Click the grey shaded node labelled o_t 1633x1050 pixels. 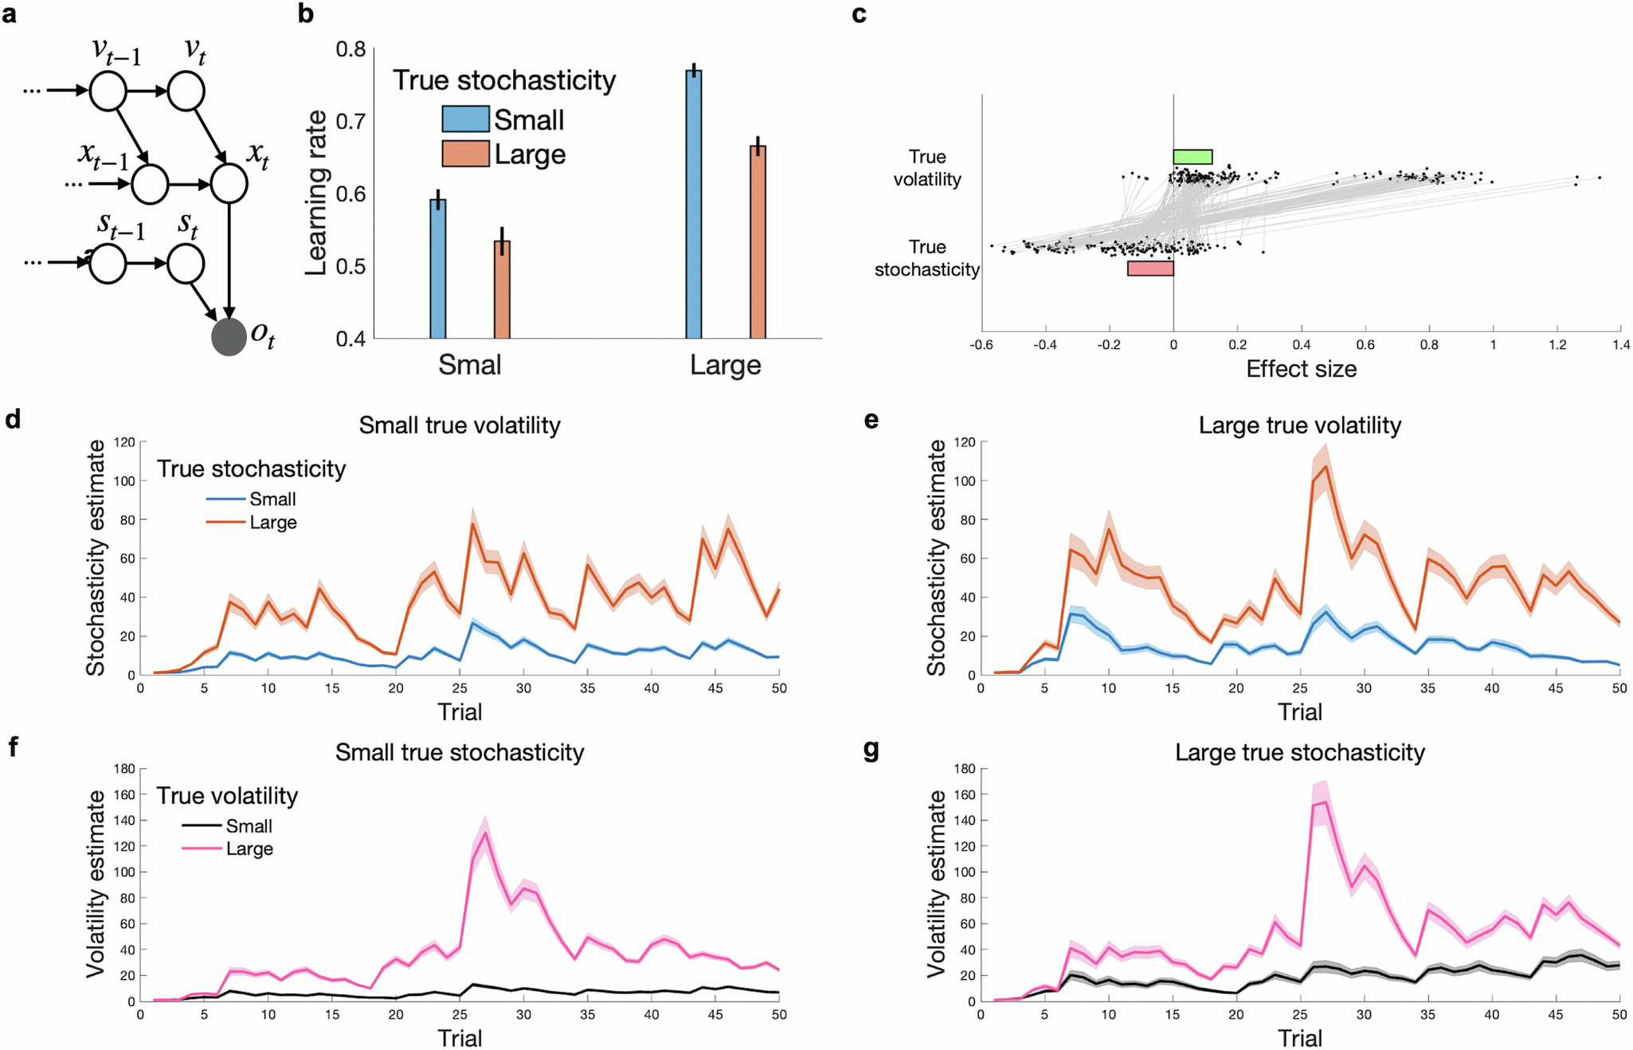pos(229,336)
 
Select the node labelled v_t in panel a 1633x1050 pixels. pos(186,92)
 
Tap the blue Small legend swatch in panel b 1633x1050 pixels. pos(465,119)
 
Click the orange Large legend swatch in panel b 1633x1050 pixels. pos(465,154)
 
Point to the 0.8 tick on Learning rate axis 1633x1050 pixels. pos(350,49)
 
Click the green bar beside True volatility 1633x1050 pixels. pos(1192,157)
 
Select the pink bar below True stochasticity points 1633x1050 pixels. pos(1150,268)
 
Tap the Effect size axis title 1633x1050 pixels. pos(1301,369)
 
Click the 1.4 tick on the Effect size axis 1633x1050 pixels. pos(1621,345)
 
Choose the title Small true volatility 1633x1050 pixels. pos(460,425)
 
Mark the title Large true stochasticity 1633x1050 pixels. pos(1299,753)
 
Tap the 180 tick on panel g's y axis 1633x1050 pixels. pos(964,769)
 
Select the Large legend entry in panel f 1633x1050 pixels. pos(249,849)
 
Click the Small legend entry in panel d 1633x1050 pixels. pos(272,500)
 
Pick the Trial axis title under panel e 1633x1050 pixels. pos(1299,711)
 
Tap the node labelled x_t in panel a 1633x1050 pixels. pos(229,184)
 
